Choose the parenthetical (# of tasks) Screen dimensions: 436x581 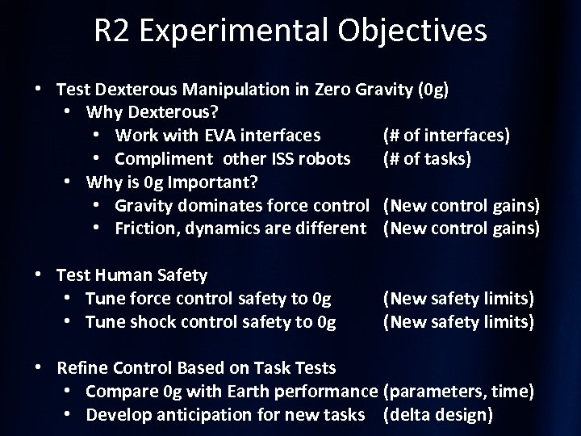point(427,157)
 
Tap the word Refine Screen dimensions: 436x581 point(82,368)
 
